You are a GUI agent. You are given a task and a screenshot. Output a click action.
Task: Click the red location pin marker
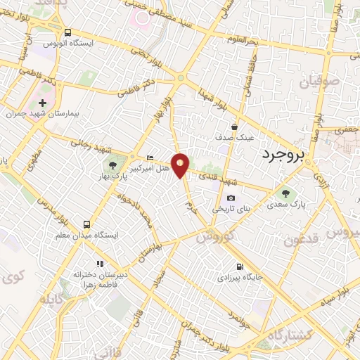click(x=181, y=165)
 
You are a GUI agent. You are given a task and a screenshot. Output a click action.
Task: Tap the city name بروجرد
click(x=285, y=155)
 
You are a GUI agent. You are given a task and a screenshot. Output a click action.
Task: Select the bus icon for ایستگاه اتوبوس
click(x=67, y=32)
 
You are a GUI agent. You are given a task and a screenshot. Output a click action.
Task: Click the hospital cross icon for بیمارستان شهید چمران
click(x=42, y=103)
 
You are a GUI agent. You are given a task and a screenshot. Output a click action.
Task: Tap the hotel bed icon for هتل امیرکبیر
click(x=148, y=157)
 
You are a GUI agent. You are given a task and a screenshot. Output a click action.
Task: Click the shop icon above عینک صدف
click(x=243, y=127)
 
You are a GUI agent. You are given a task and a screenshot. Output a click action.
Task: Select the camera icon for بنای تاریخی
click(x=231, y=198)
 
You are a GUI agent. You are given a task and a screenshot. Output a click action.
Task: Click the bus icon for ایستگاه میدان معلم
click(x=87, y=224)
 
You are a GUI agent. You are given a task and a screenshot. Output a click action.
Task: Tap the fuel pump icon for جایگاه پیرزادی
click(x=241, y=266)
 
